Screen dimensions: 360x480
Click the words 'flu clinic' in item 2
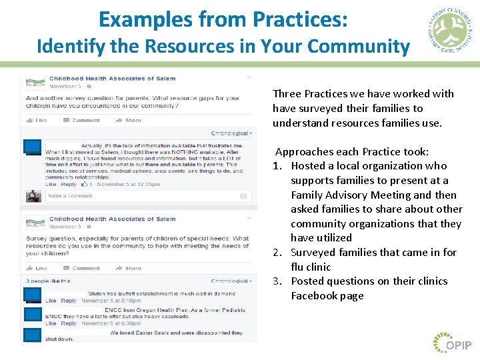311,267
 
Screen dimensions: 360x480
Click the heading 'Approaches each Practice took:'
352,151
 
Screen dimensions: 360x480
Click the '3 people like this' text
48,281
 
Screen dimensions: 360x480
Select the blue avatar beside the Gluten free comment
32,296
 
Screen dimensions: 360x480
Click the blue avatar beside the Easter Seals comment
32,335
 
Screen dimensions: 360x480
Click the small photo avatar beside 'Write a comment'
33,196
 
